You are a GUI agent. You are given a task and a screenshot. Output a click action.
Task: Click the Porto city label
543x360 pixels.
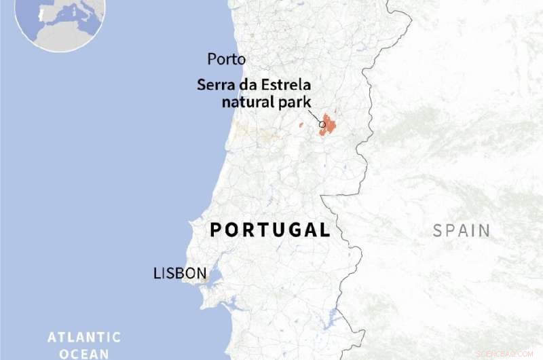(226, 59)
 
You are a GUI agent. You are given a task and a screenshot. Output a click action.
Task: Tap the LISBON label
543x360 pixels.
(180, 274)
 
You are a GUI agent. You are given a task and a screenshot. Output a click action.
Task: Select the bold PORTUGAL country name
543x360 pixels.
(270, 230)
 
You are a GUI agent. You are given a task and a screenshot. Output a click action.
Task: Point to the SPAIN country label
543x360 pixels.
(462, 230)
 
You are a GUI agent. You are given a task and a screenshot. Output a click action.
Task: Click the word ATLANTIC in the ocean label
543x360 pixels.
(84, 337)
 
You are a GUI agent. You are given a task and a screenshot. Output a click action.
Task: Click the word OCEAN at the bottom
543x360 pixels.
(84, 353)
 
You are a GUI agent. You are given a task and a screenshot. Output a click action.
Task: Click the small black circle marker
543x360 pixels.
(322, 124)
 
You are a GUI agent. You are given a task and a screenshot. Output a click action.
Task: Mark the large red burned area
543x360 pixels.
(330, 124)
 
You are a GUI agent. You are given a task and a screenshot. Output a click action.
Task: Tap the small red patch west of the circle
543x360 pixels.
(301, 125)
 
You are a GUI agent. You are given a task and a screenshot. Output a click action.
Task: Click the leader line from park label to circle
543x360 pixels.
(316, 116)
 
